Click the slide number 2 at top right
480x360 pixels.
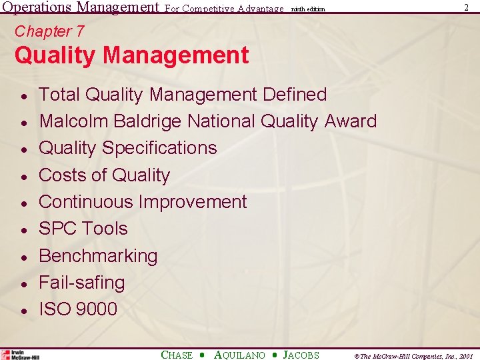pos(465,7)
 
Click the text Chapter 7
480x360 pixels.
pos(49,31)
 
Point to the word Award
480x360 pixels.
pos(351,121)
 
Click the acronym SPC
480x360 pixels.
pos(59,229)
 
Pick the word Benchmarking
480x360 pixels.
pos(98,256)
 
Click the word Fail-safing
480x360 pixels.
pos(82,283)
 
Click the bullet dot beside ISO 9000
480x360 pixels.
pos(23,311)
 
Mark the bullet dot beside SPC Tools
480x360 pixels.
pos(23,230)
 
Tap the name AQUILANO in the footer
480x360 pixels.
pos(239,355)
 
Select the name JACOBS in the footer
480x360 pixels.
pos(301,355)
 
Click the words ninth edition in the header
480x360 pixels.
pos(307,9)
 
